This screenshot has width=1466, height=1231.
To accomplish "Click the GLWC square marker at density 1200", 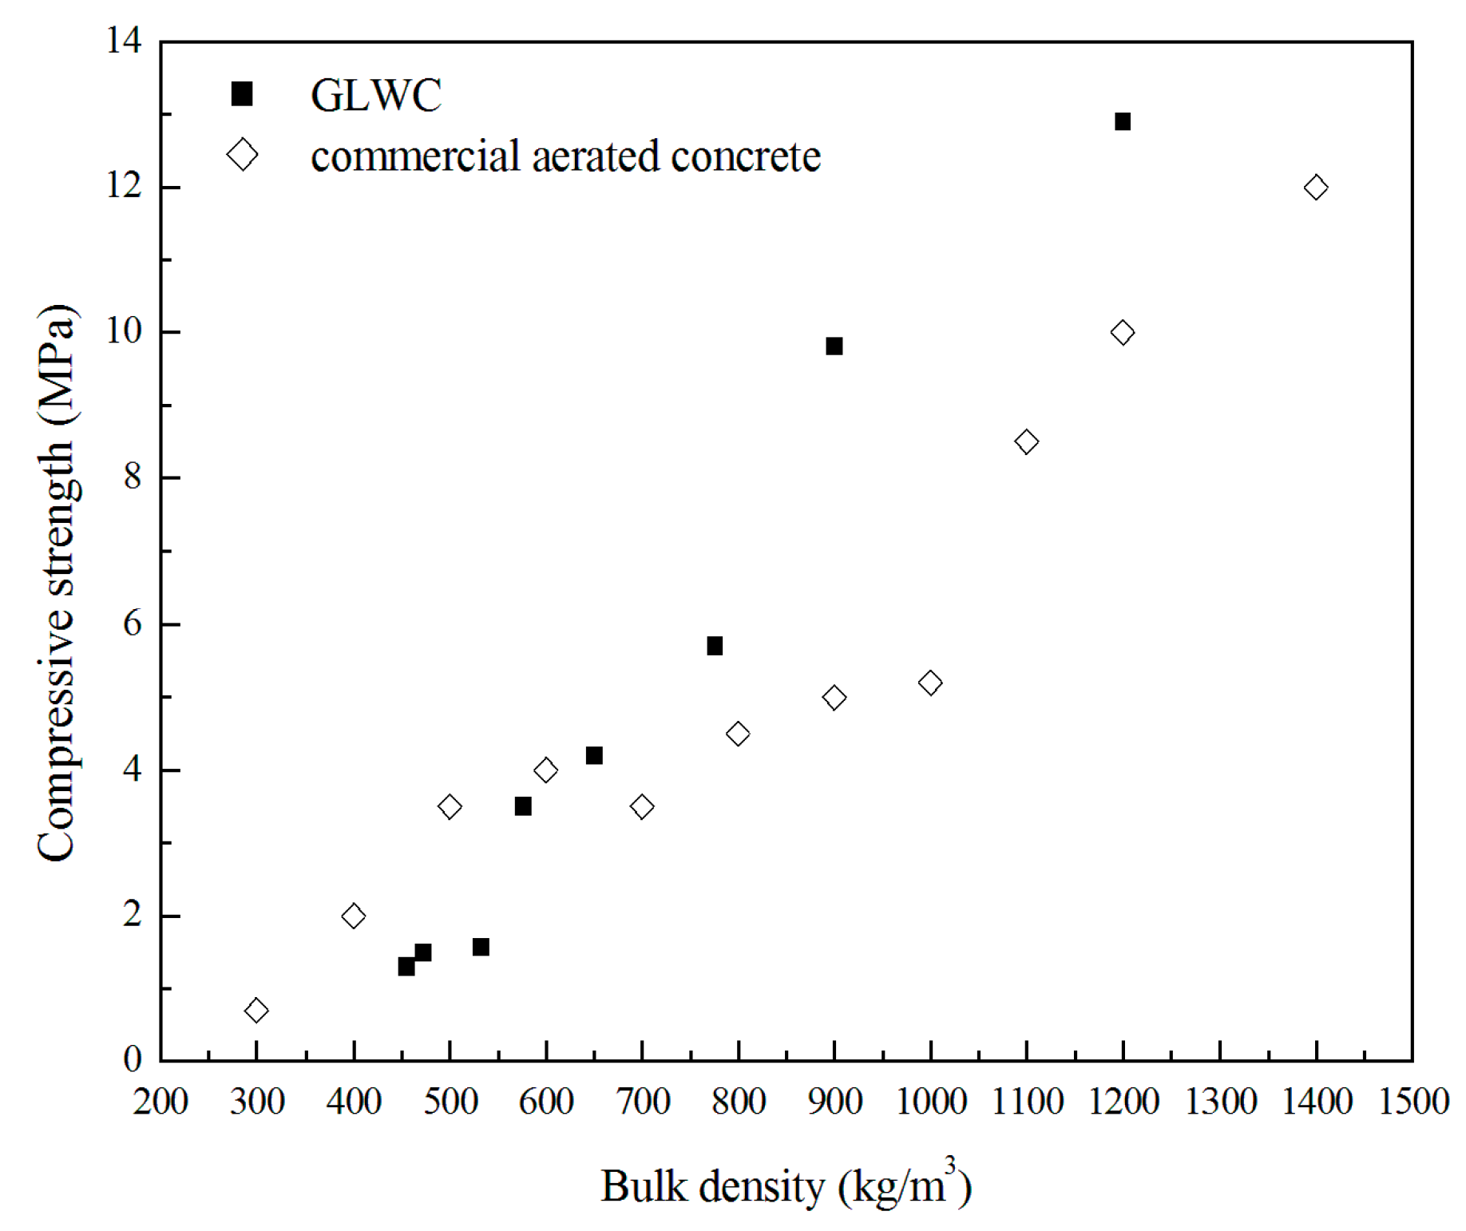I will point(1122,121).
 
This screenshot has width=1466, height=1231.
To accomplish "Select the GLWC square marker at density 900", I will point(834,346).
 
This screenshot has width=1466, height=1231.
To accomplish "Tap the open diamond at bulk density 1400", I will point(1315,188).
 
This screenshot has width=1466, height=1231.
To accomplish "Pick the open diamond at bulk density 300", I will point(256,1011).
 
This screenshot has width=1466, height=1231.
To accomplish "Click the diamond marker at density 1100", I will point(1026,441).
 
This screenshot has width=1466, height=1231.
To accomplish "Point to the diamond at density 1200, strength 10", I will point(1122,332).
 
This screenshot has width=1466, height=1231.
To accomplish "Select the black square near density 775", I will point(714,646).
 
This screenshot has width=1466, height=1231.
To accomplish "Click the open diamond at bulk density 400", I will point(353,916).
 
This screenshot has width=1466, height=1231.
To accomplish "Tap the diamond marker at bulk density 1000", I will point(929,683).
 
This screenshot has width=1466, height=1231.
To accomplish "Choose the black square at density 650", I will point(593,755).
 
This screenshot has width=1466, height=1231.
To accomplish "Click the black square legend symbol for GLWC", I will point(242,94).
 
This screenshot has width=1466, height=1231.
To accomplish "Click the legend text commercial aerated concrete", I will point(565,156).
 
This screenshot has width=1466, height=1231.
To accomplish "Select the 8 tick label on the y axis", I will point(132,477).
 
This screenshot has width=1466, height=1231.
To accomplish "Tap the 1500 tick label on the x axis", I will point(1413,1102).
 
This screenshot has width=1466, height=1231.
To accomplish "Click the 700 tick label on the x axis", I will point(642,1102).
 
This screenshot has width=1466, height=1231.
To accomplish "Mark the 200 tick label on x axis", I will point(160,1102).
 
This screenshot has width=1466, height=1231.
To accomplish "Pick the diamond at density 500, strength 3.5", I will point(450,806).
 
